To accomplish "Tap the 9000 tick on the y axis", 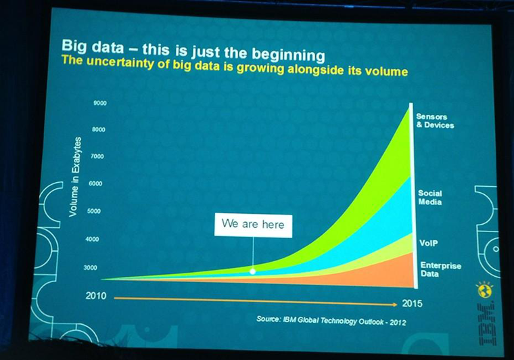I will (100, 103).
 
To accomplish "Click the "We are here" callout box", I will (253, 225).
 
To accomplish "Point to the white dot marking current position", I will (253, 271).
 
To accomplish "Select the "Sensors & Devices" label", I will (435, 121).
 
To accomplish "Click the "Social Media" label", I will (430, 198).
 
